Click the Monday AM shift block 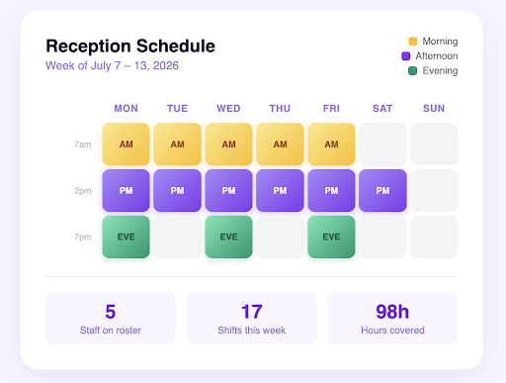(x=126, y=144)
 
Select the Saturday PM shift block (x=382, y=190)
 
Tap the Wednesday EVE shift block (x=228, y=237)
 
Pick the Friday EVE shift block (x=331, y=237)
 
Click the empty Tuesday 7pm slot (x=177, y=237)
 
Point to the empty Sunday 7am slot (x=434, y=144)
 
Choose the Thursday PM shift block (x=280, y=190)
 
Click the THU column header (x=280, y=109)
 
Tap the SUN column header (x=434, y=109)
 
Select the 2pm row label (x=83, y=191)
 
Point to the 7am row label (x=83, y=144)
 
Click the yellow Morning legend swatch (x=413, y=42)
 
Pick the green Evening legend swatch (x=413, y=70)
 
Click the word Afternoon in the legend (x=437, y=56)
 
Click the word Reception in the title (x=89, y=47)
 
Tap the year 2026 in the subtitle (x=166, y=65)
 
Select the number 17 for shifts (x=252, y=312)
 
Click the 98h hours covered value (x=392, y=312)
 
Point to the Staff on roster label (x=111, y=331)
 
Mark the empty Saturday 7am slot (x=382, y=144)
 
